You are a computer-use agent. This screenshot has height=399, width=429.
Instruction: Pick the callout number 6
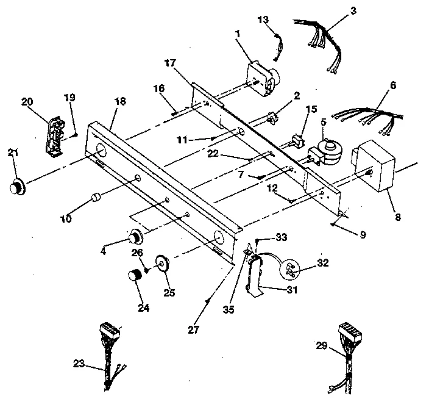click(x=393, y=86)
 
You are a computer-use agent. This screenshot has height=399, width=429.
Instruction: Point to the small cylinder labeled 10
click(x=95, y=199)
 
